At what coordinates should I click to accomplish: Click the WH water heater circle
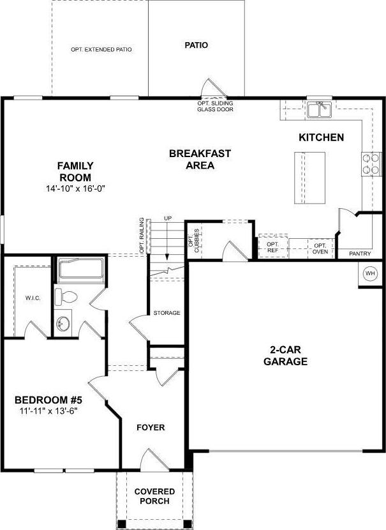[x=370, y=274]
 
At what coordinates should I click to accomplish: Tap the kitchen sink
[x=320, y=110]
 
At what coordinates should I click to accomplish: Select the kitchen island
[x=309, y=178]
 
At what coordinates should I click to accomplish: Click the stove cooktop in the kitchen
[x=371, y=164]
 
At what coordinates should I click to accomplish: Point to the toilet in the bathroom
[x=66, y=297]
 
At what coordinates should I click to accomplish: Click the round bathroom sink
[x=63, y=324]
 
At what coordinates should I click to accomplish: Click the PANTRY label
[x=360, y=254]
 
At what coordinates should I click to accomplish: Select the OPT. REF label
[x=272, y=247]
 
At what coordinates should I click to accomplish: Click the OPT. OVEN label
[x=320, y=248]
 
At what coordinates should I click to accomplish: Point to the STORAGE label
[x=167, y=313]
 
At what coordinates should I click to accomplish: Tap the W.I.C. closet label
[x=33, y=298]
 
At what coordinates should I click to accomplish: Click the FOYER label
[x=151, y=428]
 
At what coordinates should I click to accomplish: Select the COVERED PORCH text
[x=154, y=496]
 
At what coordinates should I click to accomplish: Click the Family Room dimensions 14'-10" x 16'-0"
[x=76, y=188]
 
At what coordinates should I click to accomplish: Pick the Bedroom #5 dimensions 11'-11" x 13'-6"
[x=48, y=411]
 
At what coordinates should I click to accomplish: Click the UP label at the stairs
[x=168, y=218]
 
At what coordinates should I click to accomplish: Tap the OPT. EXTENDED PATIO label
[x=101, y=49]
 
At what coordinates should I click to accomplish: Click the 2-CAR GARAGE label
[x=285, y=355]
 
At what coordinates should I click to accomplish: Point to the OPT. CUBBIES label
[x=194, y=240]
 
